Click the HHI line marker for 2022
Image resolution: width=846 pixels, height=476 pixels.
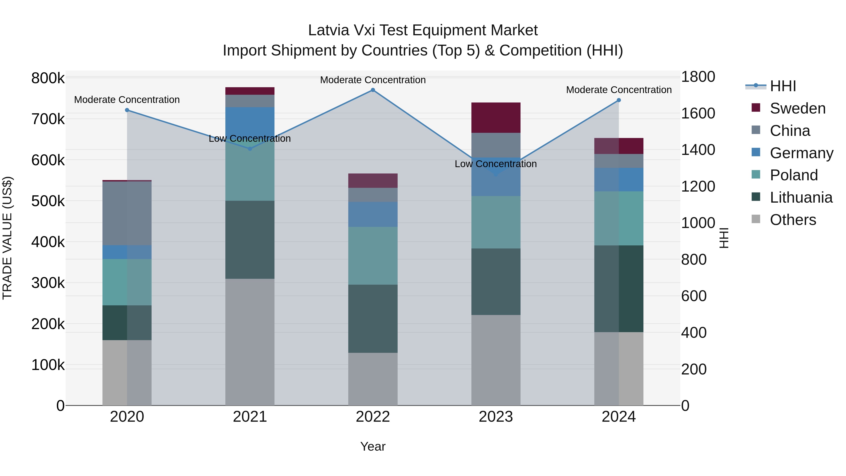(373, 90)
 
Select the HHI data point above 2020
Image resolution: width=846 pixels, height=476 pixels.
(127, 110)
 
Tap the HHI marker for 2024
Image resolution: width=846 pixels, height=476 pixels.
(619, 100)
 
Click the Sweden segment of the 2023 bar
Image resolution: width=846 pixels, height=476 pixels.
(496, 118)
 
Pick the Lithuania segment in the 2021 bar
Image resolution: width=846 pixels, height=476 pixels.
(250, 240)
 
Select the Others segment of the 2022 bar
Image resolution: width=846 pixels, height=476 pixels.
(373, 379)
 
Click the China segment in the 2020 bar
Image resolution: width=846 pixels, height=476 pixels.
(127, 213)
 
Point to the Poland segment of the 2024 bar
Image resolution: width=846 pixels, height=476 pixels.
(619, 218)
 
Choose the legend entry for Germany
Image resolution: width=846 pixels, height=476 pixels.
(801, 153)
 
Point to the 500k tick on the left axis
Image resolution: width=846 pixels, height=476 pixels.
(48, 201)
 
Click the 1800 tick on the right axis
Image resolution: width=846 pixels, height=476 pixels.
(698, 77)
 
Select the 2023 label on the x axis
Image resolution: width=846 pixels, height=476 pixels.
(496, 417)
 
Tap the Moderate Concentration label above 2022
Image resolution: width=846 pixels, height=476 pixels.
(373, 80)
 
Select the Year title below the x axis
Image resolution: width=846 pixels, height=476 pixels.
(373, 446)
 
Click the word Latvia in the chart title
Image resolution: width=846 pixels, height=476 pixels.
(329, 30)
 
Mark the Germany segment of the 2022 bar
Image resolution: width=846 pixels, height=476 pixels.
(373, 214)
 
